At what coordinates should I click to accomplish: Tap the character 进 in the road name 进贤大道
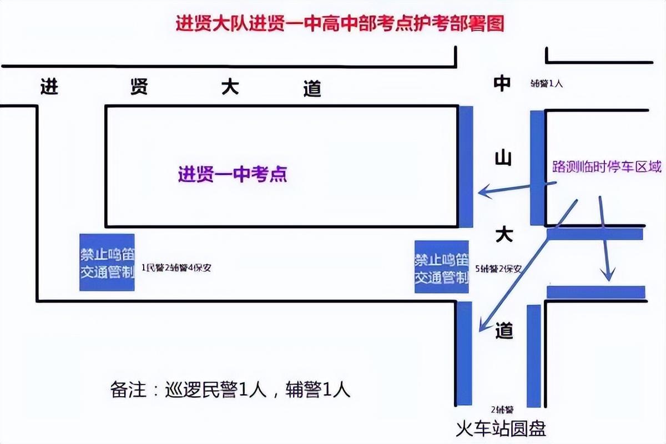point(49,87)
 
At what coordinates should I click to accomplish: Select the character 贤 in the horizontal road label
point(139,87)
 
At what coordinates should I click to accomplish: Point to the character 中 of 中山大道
point(502,83)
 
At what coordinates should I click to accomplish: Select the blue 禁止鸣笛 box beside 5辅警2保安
point(442,267)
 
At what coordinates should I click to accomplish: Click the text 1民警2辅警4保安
point(176,268)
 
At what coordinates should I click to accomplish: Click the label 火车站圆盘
point(501,428)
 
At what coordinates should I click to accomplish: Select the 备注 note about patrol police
point(230,390)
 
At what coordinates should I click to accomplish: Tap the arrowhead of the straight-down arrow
point(609,276)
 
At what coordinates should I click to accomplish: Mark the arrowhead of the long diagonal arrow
point(482,328)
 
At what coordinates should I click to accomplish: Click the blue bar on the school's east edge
point(466,167)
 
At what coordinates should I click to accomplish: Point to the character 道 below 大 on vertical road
point(504,331)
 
